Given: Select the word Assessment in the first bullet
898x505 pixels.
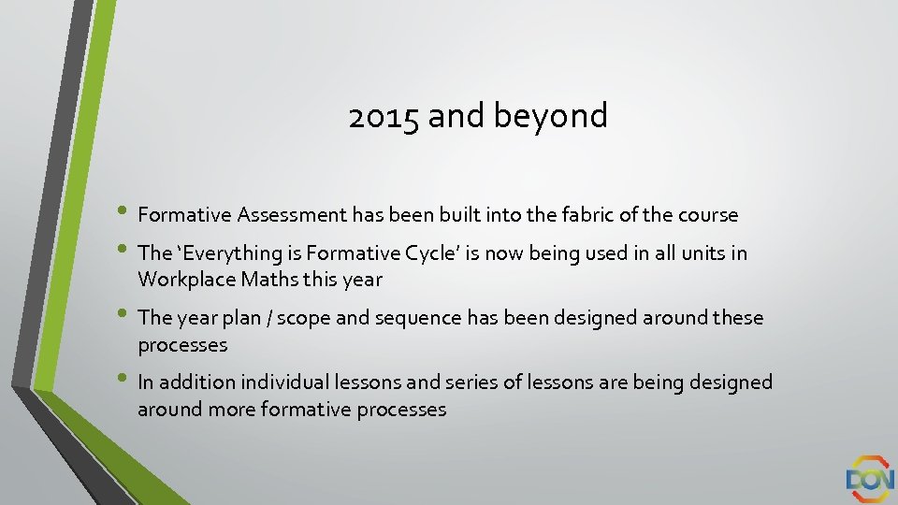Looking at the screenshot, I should point(292,215).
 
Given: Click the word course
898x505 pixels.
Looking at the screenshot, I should point(708,215).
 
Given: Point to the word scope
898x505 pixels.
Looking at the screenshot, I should point(304,318).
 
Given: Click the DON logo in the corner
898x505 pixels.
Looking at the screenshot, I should point(870,478).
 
